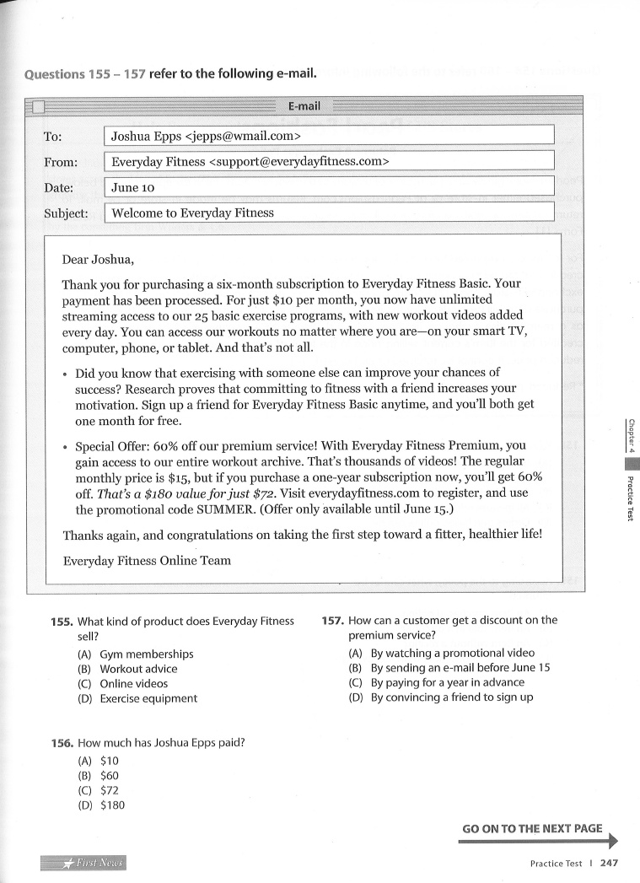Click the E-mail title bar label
click(304, 106)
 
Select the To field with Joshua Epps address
click(328, 135)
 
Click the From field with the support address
click(328, 161)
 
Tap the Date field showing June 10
click(328, 187)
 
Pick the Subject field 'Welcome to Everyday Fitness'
click(328, 213)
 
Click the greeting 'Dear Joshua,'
click(99, 259)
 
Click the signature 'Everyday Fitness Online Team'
click(147, 560)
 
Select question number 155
click(62, 622)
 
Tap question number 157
click(332, 621)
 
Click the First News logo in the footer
click(83, 863)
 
